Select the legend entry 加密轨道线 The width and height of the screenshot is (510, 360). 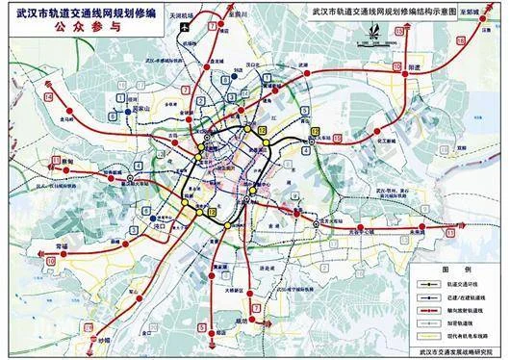[461, 325]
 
